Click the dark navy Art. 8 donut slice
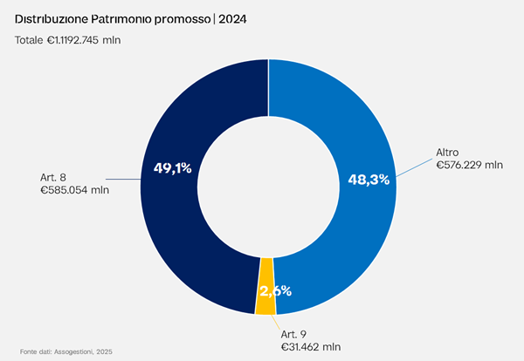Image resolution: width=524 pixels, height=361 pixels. point(169,214)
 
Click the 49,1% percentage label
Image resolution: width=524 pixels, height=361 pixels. point(172,168)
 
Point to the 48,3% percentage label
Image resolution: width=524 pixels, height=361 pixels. point(369,180)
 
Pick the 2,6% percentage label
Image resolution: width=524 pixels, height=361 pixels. point(276,291)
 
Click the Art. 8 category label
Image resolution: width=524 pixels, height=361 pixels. point(53,177)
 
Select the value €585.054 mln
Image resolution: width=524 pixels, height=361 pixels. point(75,190)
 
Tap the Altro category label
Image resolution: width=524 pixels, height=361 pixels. point(447,153)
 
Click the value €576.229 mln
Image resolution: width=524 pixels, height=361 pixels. point(470,165)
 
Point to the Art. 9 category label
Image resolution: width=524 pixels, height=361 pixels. point(293,334)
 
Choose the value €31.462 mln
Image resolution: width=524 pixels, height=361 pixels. point(311,347)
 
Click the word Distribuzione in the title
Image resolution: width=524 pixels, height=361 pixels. point(52,19)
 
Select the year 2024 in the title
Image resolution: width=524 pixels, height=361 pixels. point(232,19)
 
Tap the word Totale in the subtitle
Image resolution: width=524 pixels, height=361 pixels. point(29,40)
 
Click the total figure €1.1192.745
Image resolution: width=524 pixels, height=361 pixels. point(72,40)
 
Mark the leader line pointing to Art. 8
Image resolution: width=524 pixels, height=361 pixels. point(123,179)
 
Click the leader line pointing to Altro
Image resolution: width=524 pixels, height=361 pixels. point(414,167)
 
